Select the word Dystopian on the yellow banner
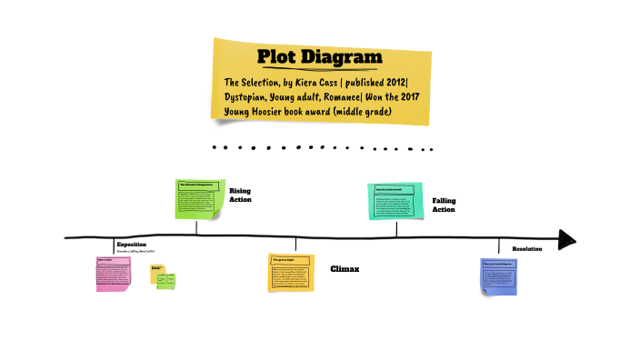251,98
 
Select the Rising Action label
240,195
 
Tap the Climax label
345,269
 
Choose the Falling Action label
444,205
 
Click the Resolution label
527,248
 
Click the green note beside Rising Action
198,199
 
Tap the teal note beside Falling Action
395,201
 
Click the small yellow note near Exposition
157,271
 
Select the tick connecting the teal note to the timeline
396,227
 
